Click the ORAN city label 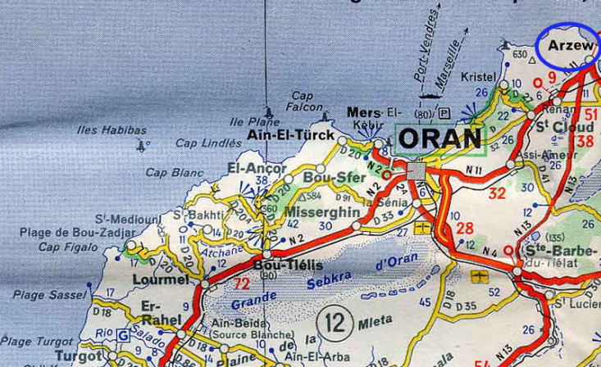(441, 138)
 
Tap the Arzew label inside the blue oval (570, 47)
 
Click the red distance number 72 (240, 283)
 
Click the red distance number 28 (465, 228)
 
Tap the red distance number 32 (497, 194)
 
